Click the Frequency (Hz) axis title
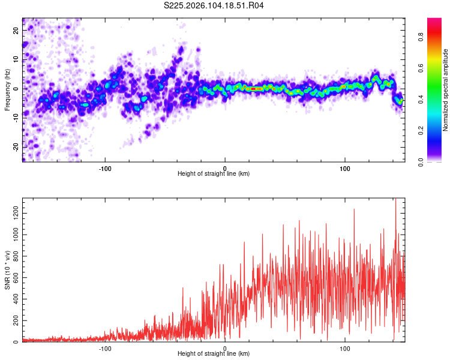[7, 90]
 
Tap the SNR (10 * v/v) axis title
[7, 271]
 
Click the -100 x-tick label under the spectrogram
[106, 167]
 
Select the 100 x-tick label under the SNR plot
[345, 348]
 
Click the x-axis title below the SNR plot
[214, 354]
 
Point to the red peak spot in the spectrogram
[254, 89]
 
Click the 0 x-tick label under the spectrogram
[225, 167]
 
